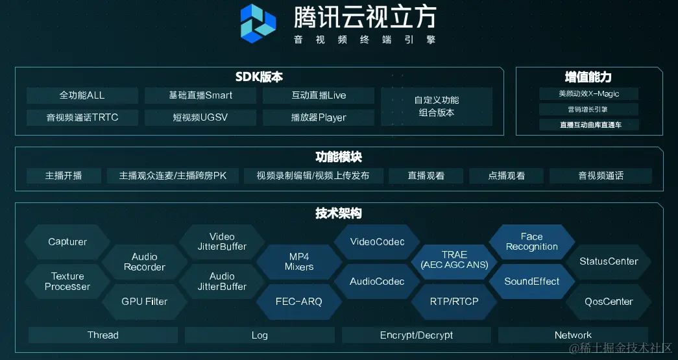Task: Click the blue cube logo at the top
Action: [258, 23]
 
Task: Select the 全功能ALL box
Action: [82, 95]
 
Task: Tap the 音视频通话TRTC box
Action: [82, 117]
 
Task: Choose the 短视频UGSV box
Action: [200, 117]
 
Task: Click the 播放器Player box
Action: [319, 117]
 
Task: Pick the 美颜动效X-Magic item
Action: [588, 94]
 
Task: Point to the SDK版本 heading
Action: [259, 77]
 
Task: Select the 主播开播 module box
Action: [64, 176]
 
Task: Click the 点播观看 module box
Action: [506, 176]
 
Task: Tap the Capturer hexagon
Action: [67, 242]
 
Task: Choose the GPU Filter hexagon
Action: [144, 302]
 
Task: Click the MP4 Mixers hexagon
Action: [299, 262]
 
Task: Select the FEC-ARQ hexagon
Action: [299, 302]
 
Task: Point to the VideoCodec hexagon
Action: [377, 242]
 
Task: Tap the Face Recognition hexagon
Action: [531, 242]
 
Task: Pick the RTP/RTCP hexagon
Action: [454, 302]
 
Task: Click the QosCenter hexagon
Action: [609, 302]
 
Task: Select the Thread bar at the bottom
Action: [103, 335]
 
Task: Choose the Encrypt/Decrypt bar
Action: [417, 335]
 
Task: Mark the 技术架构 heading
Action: [339, 213]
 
